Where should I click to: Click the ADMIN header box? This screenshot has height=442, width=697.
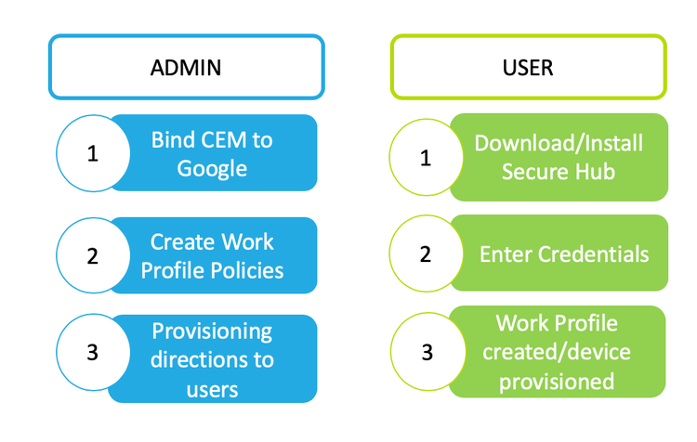coord(186,67)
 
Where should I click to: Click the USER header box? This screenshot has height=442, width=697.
coord(529,67)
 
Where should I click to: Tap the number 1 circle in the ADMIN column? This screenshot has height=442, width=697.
coord(93,153)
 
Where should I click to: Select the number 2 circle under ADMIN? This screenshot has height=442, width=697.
coord(93,255)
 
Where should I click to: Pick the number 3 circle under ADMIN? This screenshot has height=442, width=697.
coord(93,352)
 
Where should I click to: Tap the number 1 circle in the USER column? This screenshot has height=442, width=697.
coord(426,157)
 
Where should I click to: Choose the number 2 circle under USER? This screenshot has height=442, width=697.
coord(426,253)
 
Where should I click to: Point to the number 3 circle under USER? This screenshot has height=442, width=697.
coord(427,352)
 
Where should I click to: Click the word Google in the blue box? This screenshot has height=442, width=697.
coord(212,169)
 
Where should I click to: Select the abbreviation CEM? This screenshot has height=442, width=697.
coord(224,140)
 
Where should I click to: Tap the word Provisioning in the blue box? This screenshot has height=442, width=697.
coord(212,332)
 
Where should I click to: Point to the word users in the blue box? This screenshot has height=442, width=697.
coord(212,390)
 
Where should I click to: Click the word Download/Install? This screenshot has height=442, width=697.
coord(559,144)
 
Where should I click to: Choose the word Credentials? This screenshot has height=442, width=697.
coord(594,254)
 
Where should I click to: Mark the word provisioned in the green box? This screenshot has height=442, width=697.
coord(557,383)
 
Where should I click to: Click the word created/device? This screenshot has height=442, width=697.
coord(557,352)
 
